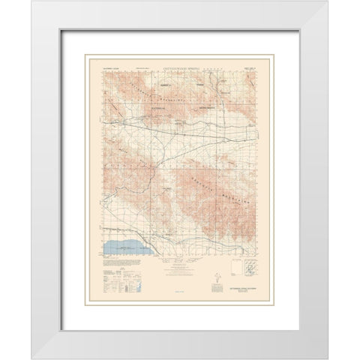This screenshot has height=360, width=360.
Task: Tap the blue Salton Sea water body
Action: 124,244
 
